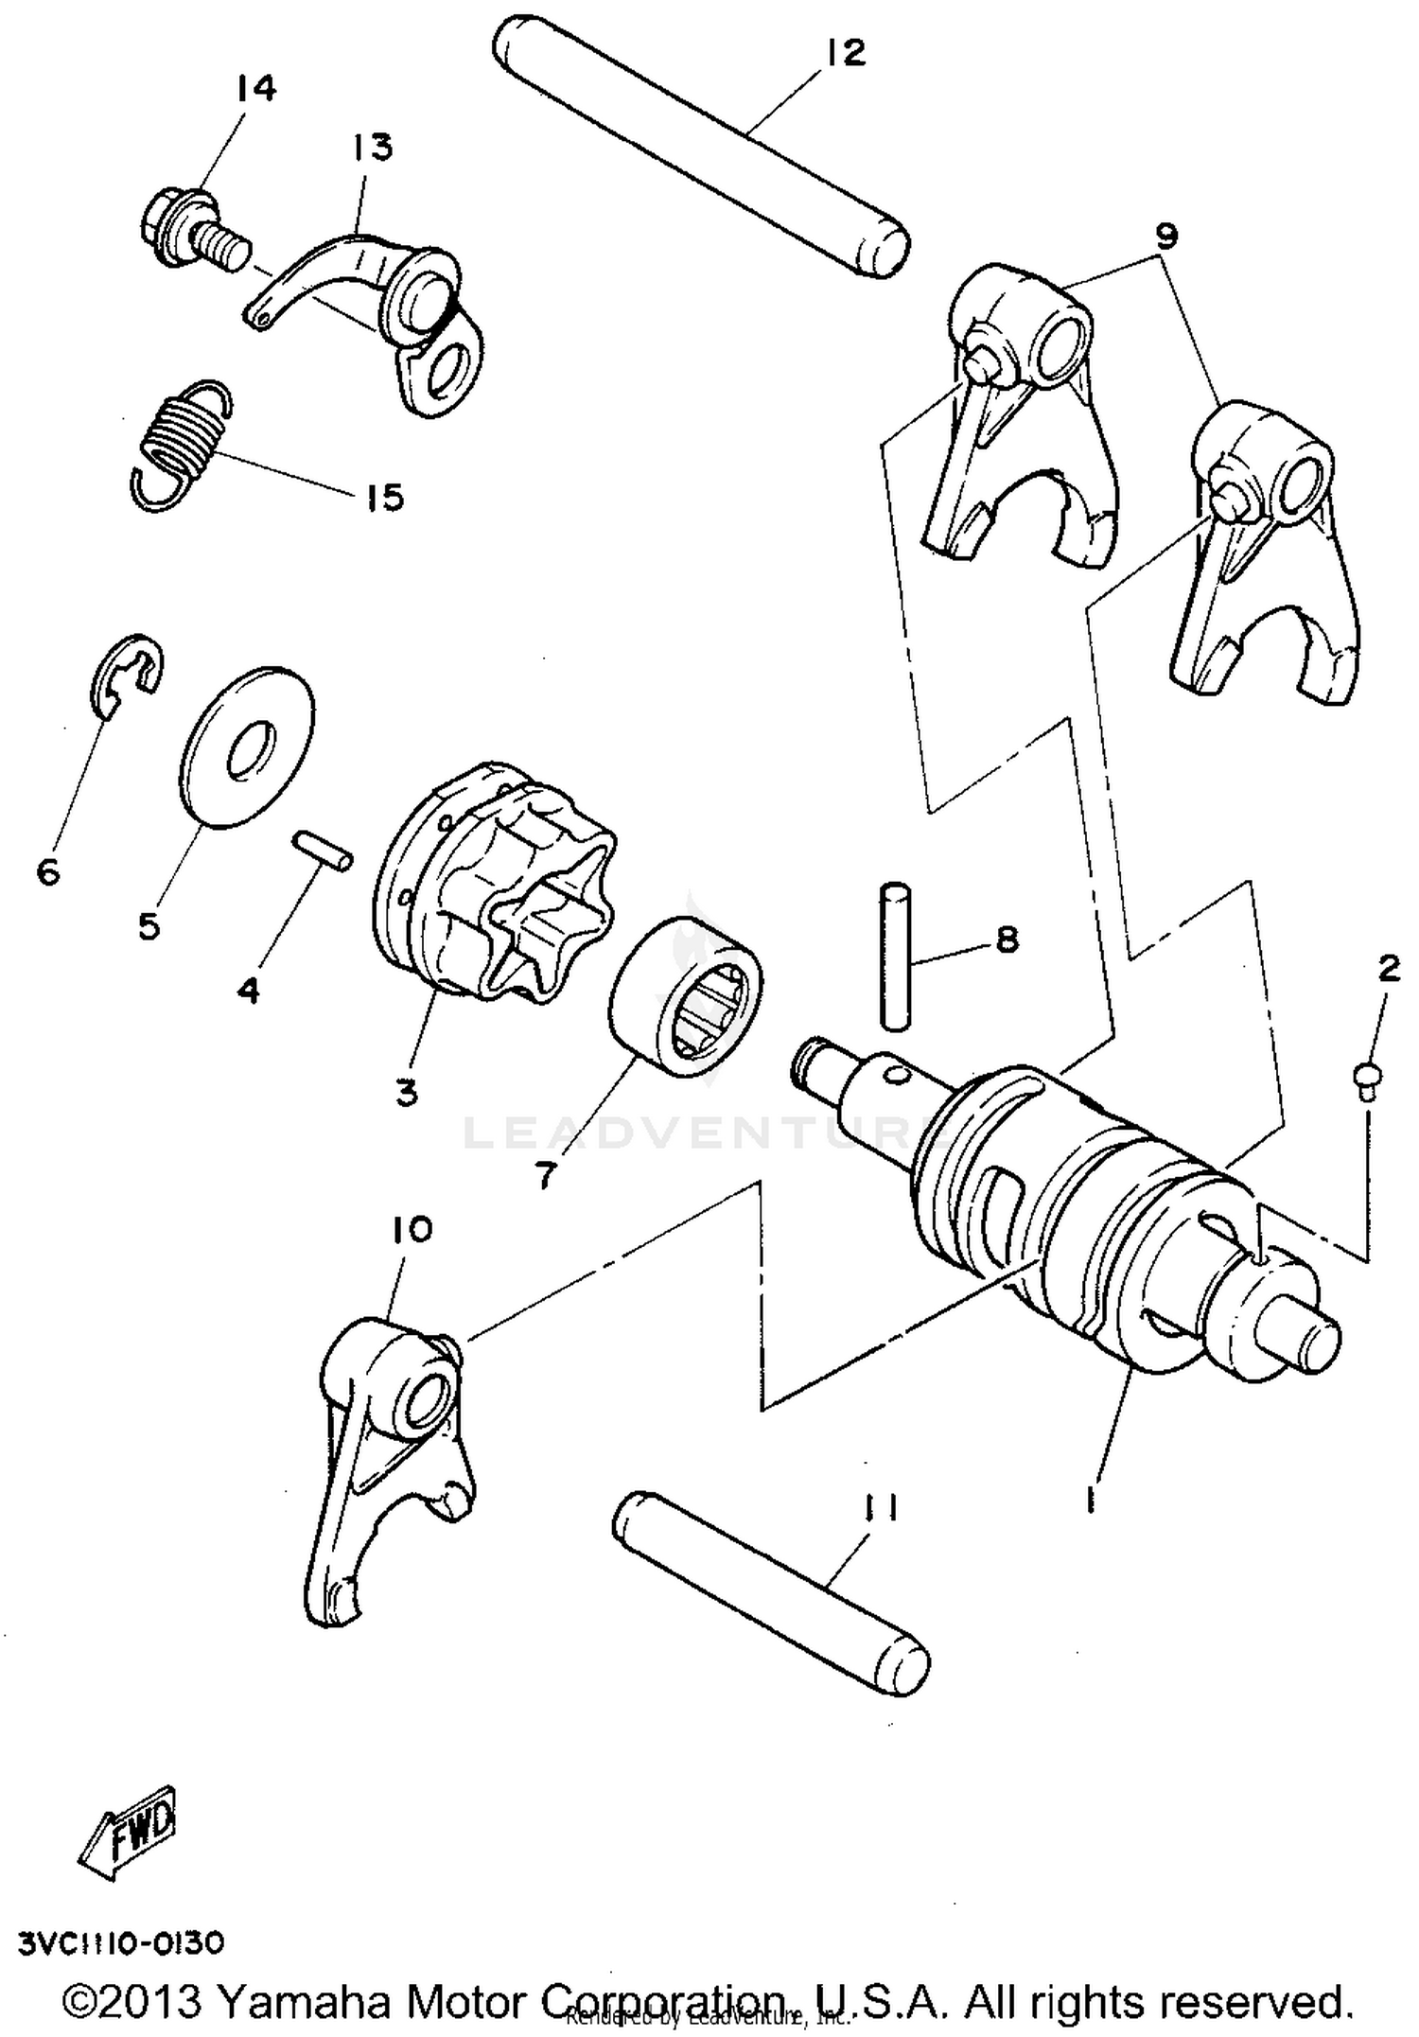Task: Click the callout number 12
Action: [845, 54]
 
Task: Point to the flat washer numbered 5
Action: [247, 747]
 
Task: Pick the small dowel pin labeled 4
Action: [322, 848]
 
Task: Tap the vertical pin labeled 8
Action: [894, 956]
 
